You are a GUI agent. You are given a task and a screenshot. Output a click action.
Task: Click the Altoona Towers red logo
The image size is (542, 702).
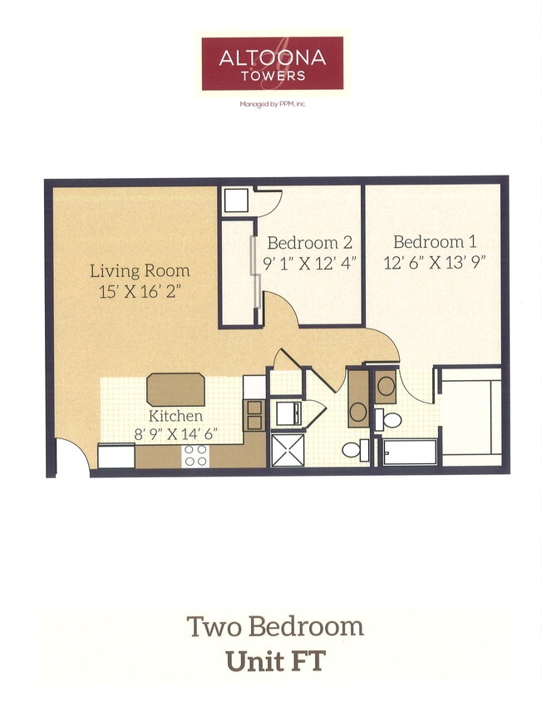point(272,63)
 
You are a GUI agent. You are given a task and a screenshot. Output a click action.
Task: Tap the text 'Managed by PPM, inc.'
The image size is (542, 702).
point(272,104)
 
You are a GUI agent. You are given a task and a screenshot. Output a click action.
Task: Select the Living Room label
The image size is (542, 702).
point(140,270)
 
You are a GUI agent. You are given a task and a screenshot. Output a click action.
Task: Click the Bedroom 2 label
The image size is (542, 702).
point(309,243)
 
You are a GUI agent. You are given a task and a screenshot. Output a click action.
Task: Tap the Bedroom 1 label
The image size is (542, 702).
point(435,242)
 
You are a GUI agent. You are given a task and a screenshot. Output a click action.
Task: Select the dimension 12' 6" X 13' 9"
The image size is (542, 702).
point(435,260)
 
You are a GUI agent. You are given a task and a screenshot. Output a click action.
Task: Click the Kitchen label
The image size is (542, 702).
point(175,415)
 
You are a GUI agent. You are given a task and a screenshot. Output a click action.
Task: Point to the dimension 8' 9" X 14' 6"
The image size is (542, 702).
point(175,433)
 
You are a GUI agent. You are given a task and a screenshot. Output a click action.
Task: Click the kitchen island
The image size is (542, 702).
point(175,388)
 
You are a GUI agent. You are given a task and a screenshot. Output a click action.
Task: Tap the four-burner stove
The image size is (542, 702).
point(195,455)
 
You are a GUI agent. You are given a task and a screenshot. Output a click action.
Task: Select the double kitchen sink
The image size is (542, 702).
point(254,415)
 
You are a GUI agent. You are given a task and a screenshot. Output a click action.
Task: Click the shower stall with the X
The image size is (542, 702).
point(288,450)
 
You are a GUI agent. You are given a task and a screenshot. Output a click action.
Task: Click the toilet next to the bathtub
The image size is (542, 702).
point(390,420)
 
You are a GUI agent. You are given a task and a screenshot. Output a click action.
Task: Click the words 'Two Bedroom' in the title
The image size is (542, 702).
point(275,625)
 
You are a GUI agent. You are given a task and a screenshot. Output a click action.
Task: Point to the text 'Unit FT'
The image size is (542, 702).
point(275,661)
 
